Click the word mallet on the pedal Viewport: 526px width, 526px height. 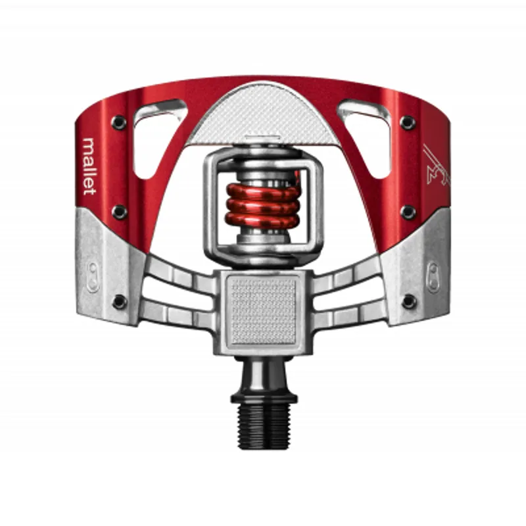(x=89, y=165)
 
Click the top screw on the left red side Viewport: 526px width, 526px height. (x=119, y=122)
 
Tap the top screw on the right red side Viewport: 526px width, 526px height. (x=408, y=122)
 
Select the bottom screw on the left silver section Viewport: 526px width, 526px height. (x=119, y=301)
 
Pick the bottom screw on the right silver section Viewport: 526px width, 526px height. (x=409, y=301)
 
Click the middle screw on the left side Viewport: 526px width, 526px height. (x=119, y=211)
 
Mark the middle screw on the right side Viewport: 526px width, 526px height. (x=408, y=212)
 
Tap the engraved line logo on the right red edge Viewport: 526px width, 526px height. (x=435, y=166)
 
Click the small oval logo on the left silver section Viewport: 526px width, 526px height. (x=93, y=275)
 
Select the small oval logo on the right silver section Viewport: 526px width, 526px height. (x=434, y=276)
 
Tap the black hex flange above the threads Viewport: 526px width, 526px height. (x=264, y=396)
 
